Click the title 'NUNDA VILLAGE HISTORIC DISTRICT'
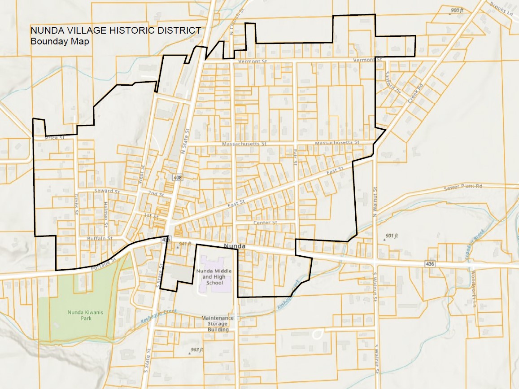tap(116, 31)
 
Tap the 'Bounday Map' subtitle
tap(60, 41)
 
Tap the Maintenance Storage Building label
tap(218, 323)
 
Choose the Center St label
tap(265, 223)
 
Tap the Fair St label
tap(295, 158)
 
